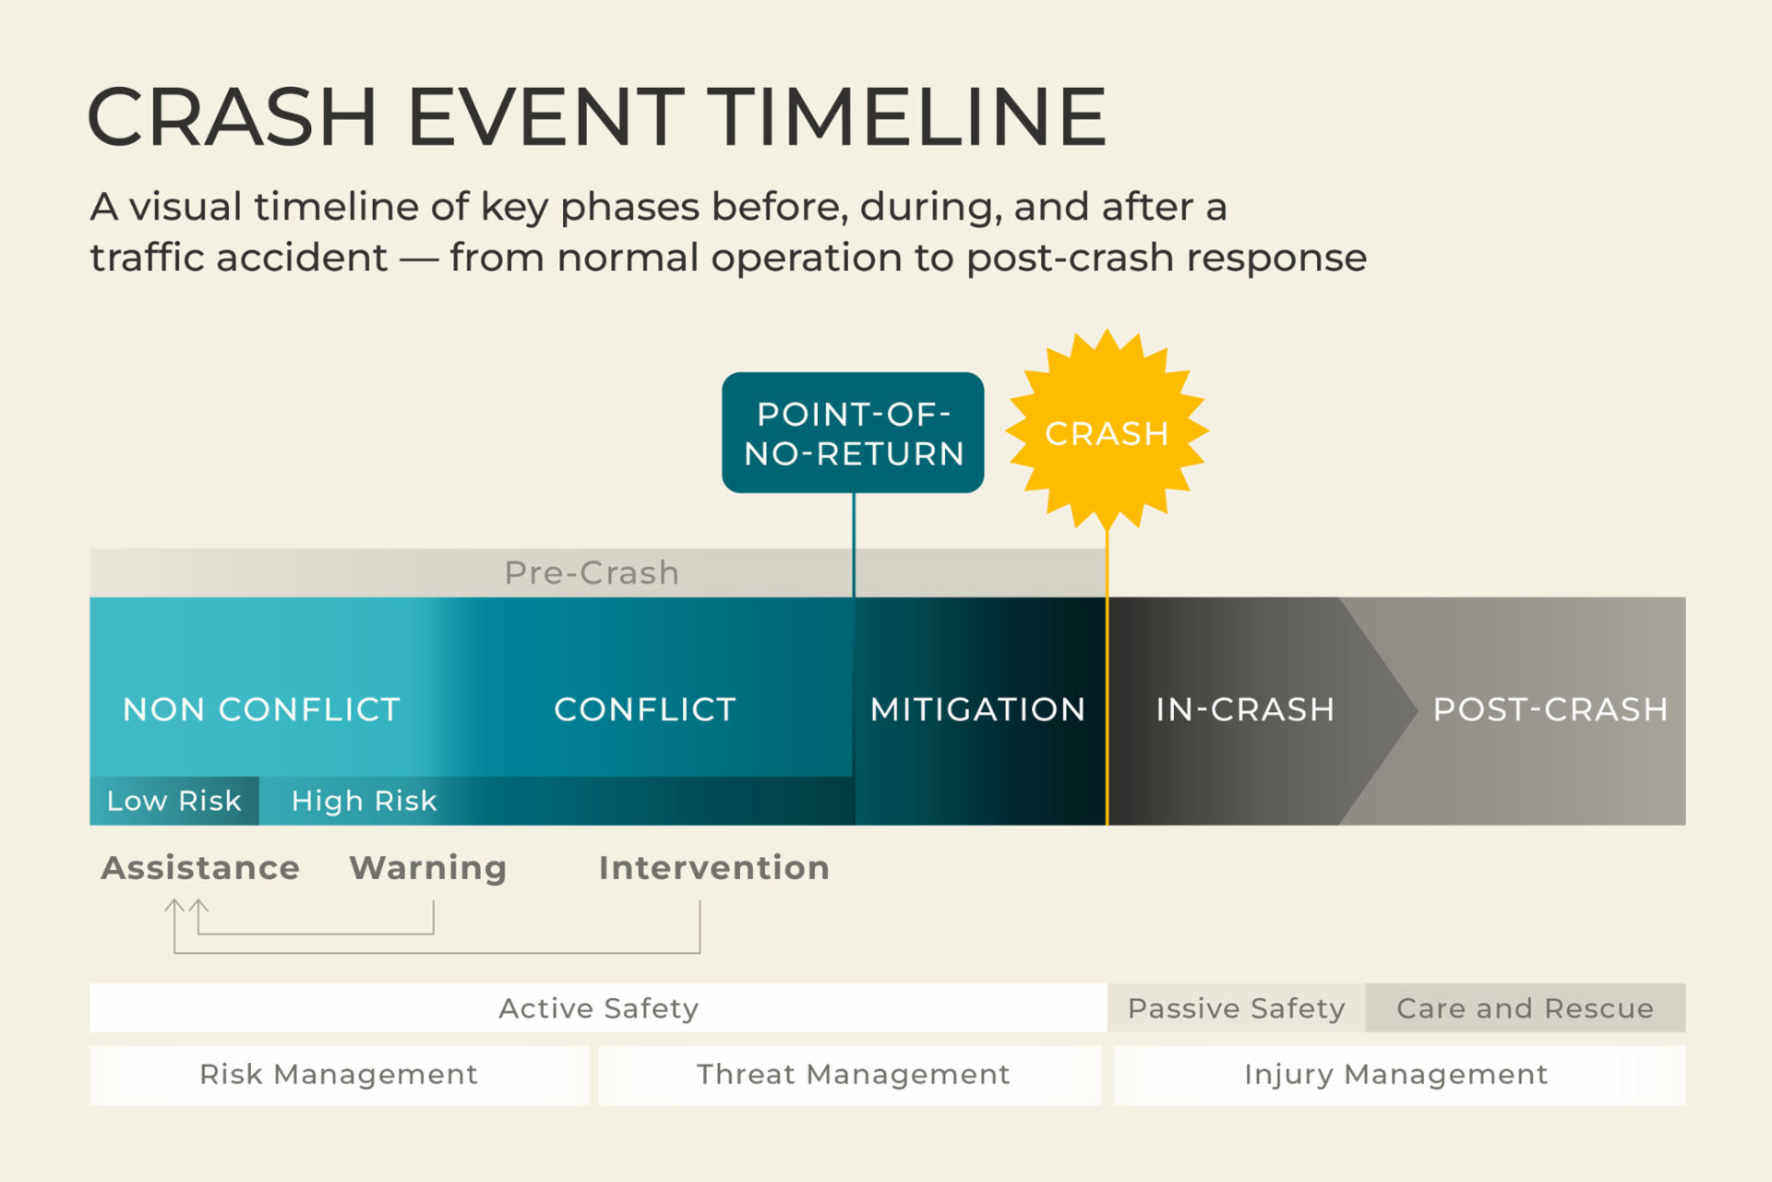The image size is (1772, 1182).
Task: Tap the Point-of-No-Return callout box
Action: [x=853, y=433]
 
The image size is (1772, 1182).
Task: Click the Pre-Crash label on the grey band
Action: [x=592, y=573]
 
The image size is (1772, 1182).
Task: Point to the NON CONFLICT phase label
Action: [x=261, y=709]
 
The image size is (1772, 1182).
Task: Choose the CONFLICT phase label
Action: [x=644, y=709]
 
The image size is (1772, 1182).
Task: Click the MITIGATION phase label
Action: [x=977, y=709]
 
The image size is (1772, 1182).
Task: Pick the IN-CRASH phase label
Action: [x=1245, y=709]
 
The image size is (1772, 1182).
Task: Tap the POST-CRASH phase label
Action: [x=1550, y=709]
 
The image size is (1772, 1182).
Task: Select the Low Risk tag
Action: [x=174, y=801]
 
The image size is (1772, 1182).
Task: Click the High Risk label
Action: [x=364, y=801]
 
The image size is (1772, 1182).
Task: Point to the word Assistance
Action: [x=200, y=868]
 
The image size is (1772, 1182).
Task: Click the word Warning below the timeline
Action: [x=428, y=868]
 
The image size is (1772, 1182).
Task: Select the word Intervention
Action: [x=714, y=868]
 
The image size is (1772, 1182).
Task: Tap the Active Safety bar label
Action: [x=598, y=1008]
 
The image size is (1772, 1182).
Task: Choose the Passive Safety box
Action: [x=1236, y=1008]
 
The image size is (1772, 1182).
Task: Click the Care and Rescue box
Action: [x=1525, y=1008]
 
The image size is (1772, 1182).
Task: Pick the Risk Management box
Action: [x=339, y=1075]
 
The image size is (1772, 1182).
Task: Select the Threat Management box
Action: [x=853, y=1075]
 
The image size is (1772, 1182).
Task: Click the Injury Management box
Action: [x=1396, y=1075]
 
